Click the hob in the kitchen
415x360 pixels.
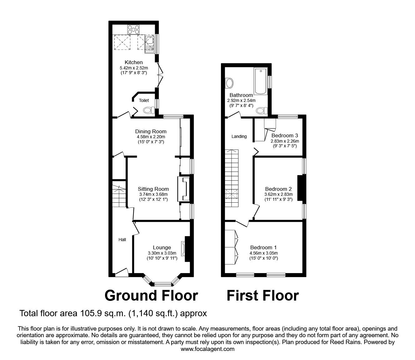(133, 30)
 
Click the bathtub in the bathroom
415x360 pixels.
(261, 81)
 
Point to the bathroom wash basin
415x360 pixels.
(229, 83)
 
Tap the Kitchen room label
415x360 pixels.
(133, 62)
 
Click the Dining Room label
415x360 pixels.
(151, 131)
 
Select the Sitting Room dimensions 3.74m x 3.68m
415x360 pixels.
(153, 194)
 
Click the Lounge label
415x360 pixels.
(162, 248)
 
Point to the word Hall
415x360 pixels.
(122, 240)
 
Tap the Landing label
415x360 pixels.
(239, 136)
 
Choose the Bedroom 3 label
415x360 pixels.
(284, 135)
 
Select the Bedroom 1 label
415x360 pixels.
(263, 248)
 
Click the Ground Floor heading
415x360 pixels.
(151, 295)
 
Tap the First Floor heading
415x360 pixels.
(262, 295)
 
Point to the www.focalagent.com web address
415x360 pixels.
(207, 349)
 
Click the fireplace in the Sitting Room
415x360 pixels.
(184, 189)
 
